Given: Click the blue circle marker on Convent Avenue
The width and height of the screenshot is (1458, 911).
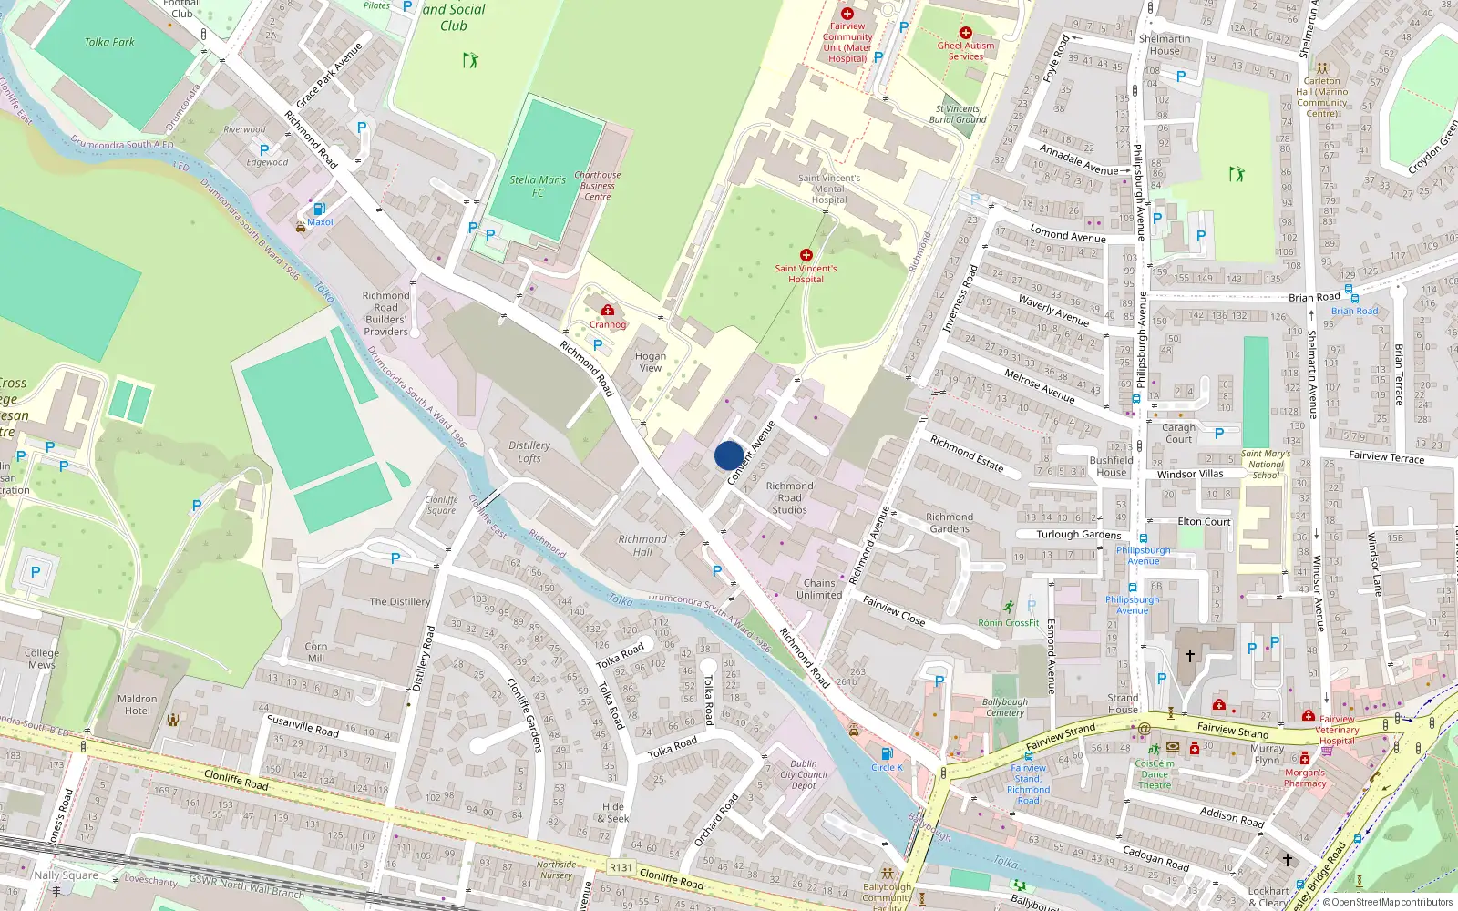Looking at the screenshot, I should [728, 455].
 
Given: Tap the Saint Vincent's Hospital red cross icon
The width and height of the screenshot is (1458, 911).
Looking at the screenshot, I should [806, 255].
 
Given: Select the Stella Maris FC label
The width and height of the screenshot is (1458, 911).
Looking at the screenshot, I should [538, 186].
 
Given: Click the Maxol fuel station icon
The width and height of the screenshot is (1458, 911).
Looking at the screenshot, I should [319, 209].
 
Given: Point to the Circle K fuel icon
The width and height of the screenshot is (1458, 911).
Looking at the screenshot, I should [886, 753].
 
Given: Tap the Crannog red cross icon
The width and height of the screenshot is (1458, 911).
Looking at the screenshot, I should [608, 311].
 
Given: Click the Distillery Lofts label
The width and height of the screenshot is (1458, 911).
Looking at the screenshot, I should [529, 452].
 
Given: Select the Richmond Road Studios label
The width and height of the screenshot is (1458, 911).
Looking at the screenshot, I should [789, 498].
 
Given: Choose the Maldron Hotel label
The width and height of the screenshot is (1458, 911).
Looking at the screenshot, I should [138, 704].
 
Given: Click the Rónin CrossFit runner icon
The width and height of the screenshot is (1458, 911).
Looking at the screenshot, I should [1008, 608].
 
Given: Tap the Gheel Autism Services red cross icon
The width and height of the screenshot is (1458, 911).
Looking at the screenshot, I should [966, 33].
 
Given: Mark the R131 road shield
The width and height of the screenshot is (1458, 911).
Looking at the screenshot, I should [621, 867].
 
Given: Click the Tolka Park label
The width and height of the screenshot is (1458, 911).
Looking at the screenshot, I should [109, 42].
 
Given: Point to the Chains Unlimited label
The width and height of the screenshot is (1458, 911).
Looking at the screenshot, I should [819, 589].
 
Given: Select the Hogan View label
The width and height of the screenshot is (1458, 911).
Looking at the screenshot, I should [651, 362].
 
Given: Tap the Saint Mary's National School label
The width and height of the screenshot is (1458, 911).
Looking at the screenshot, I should [1266, 464].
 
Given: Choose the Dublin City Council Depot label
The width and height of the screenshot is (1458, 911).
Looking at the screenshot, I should [804, 774].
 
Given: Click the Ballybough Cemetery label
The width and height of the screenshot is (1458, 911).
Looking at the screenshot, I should [1004, 707].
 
